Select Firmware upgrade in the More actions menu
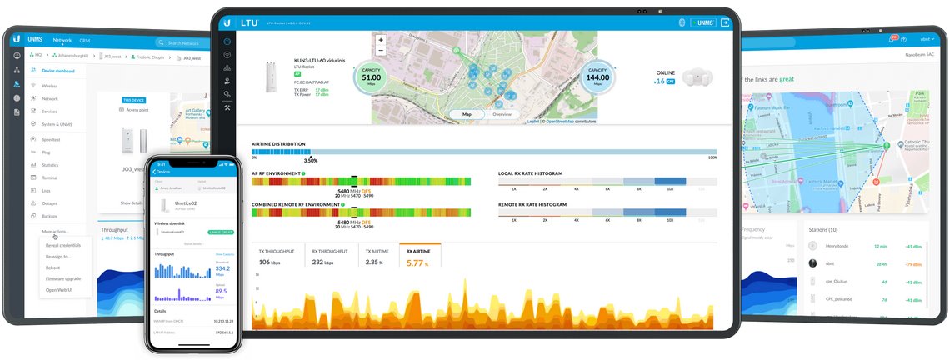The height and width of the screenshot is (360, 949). (63, 278)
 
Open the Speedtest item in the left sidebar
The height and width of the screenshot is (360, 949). (51, 139)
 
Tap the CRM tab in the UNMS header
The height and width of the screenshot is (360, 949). (84, 40)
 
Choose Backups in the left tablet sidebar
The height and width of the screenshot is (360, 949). (51, 216)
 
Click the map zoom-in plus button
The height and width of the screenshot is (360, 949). (381, 40)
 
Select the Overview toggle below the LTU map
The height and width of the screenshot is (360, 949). (502, 114)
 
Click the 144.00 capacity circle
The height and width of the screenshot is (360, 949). (597, 77)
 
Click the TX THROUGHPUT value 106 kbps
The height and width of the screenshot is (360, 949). (270, 262)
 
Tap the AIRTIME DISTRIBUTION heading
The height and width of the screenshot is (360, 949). (278, 144)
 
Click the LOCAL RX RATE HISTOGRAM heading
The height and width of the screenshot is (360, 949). (530, 173)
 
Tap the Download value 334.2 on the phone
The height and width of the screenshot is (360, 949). (222, 269)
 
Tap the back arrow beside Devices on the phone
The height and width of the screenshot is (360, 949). (154, 171)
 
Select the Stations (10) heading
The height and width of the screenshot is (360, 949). (822, 228)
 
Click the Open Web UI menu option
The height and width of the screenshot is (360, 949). (59, 290)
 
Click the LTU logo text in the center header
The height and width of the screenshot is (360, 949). (249, 22)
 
